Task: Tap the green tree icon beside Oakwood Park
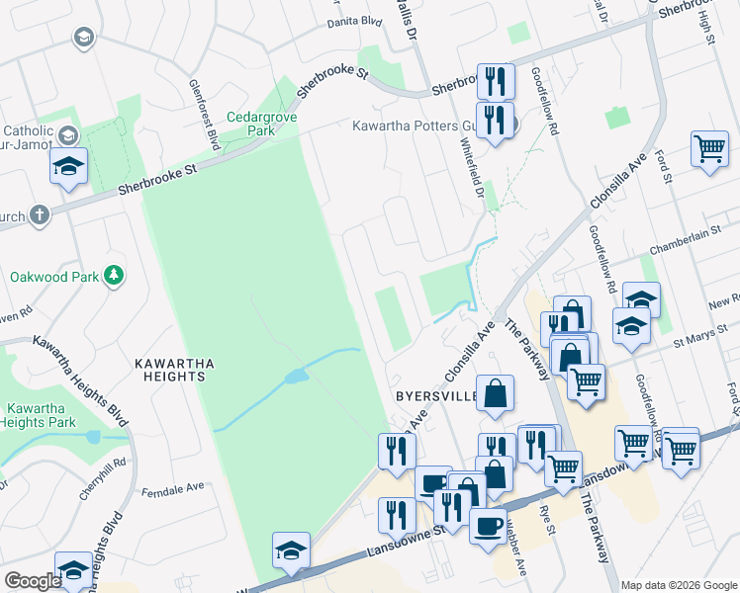(115, 275)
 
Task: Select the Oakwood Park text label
(55, 277)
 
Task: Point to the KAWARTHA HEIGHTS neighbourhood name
(174, 372)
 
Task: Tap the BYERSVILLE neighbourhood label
(436, 396)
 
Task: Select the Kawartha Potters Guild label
(416, 127)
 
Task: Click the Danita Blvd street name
(353, 20)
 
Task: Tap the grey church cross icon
(39, 215)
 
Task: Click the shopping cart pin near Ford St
(710, 149)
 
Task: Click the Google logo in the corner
(32, 581)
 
